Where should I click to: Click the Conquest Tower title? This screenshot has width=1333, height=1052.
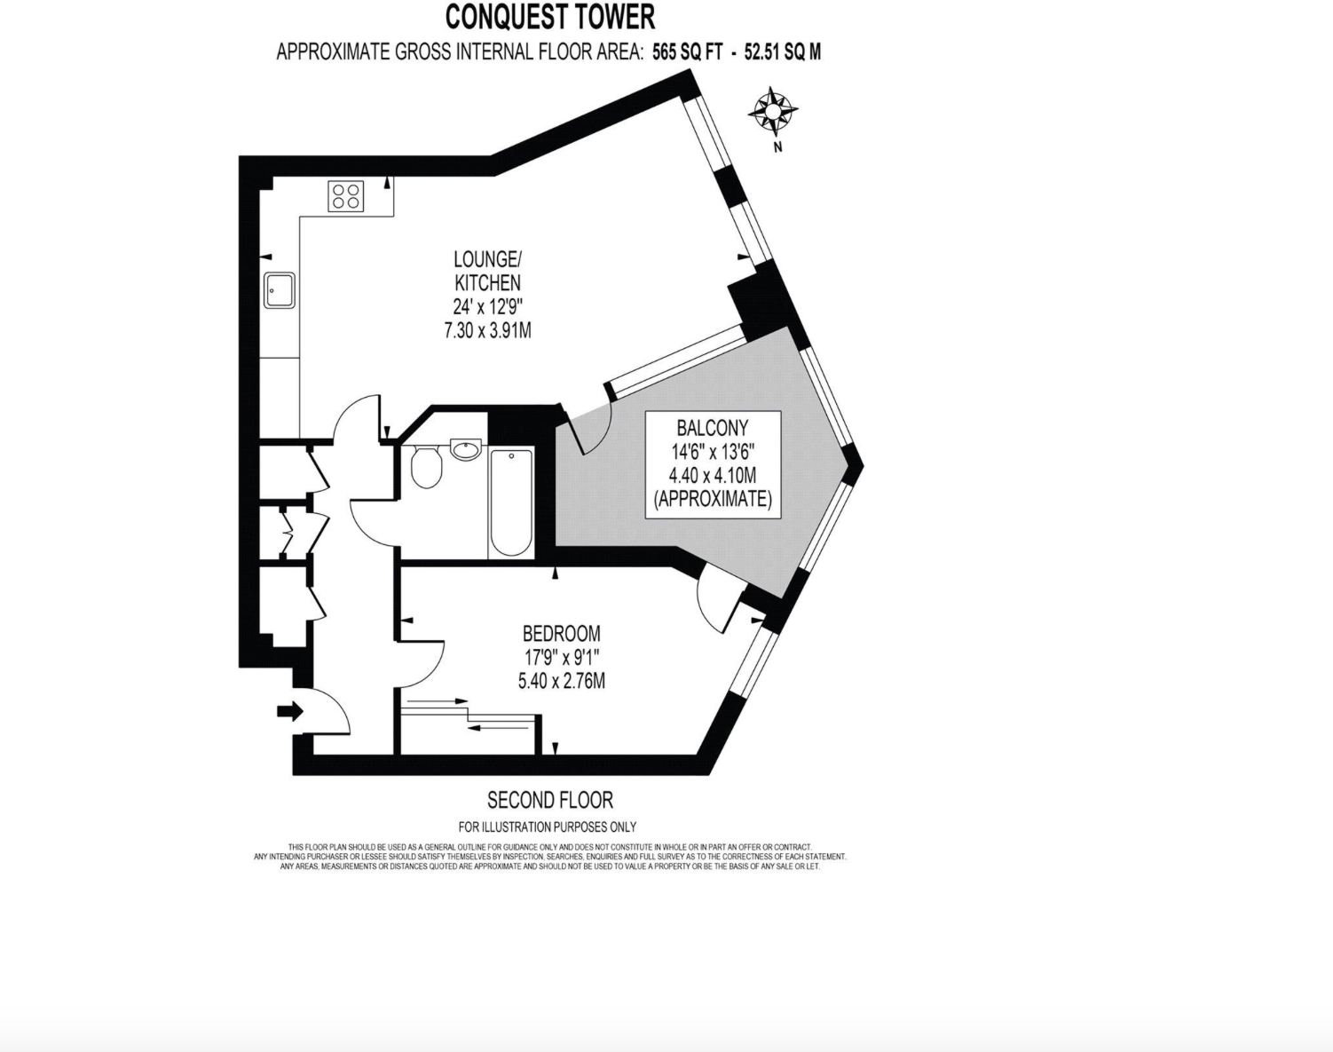[x=549, y=17]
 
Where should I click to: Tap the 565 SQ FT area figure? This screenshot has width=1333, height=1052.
[x=687, y=52]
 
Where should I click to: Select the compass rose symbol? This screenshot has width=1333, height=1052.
[x=773, y=111]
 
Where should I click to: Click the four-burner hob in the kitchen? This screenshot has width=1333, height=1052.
[x=346, y=196]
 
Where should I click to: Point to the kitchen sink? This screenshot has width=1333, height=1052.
[x=280, y=289]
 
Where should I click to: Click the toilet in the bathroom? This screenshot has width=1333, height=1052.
[x=427, y=468]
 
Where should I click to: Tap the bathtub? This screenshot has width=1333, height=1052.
[x=510, y=503]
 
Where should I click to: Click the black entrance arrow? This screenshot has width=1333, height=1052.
[x=290, y=711]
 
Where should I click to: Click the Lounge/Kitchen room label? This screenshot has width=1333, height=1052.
[x=487, y=271]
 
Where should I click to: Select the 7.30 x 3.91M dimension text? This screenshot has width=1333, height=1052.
[x=487, y=331]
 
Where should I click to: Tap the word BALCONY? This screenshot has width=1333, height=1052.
[x=712, y=428]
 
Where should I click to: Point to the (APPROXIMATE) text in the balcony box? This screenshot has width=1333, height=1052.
[x=712, y=499]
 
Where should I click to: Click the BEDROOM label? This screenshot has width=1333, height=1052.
[x=561, y=634]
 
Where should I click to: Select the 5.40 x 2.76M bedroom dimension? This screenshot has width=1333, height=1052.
[x=561, y=682]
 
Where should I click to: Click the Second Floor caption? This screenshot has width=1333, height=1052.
[x=550, y=801]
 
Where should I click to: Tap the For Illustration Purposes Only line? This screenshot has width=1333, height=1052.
[x=548, y=827]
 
